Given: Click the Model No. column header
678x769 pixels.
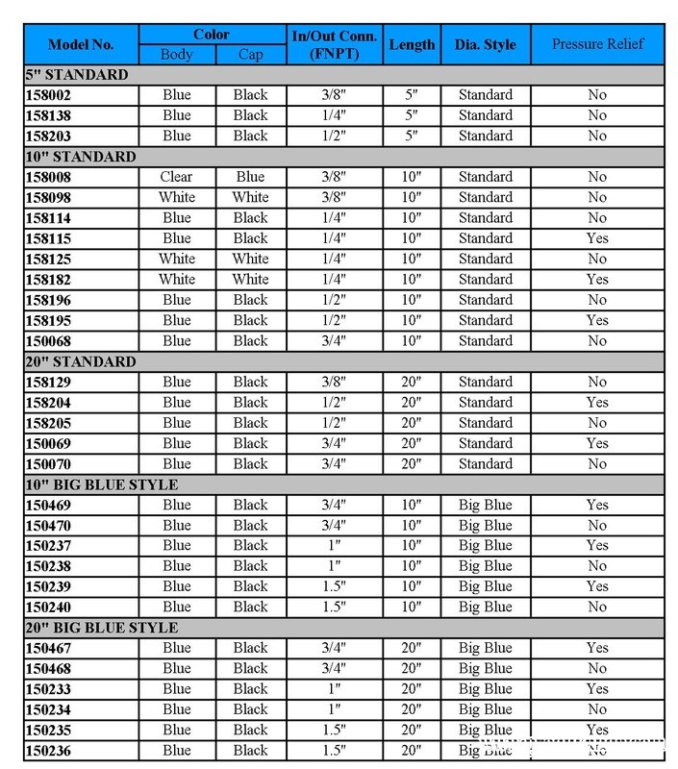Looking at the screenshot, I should [x=81, y=44].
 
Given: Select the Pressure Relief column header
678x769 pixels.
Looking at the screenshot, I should [x=597, y=44].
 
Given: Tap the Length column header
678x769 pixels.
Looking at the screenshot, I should [x=412, y=44].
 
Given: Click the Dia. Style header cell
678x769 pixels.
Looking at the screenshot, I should [x=486, y=44].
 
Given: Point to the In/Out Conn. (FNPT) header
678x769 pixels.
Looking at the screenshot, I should [x=335, y=44].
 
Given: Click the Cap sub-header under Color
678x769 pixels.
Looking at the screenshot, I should [x=250, y=55].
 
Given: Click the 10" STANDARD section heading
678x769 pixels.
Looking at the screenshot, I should [x=81, y=157].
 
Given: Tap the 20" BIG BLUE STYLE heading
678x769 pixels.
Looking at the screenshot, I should [x=102, y=628].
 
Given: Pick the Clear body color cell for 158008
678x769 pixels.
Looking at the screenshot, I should [x=177, y=177].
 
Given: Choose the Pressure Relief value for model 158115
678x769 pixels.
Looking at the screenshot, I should [x=597, y=238].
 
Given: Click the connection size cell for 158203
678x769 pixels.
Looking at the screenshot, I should [x=335, y=136].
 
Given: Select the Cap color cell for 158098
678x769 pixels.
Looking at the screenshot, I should [x=250, y=198].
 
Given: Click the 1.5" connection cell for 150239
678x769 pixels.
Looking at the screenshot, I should [x=335, y=586].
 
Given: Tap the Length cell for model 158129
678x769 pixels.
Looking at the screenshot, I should [x=412, y=383].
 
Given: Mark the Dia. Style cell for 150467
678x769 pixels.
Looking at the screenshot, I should [x=486, y=648].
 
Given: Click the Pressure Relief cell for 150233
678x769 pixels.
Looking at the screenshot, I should [x=597, y=689].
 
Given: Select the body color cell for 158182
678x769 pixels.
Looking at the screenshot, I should [x=177, y=280].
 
